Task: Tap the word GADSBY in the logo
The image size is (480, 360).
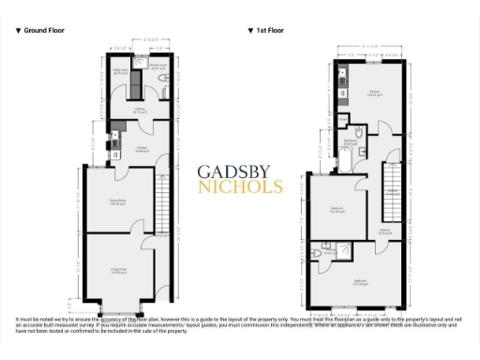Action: coord(239,172)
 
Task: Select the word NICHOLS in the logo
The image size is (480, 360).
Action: coord(239,187)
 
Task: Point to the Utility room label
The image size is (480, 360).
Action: coord(121,71)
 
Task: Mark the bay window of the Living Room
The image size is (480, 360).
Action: coord(118,312)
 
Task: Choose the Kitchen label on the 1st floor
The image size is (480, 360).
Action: coord(373,92)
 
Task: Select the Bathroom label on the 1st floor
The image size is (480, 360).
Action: coord(352,142)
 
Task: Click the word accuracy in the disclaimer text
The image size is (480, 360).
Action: coord(142,319)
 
